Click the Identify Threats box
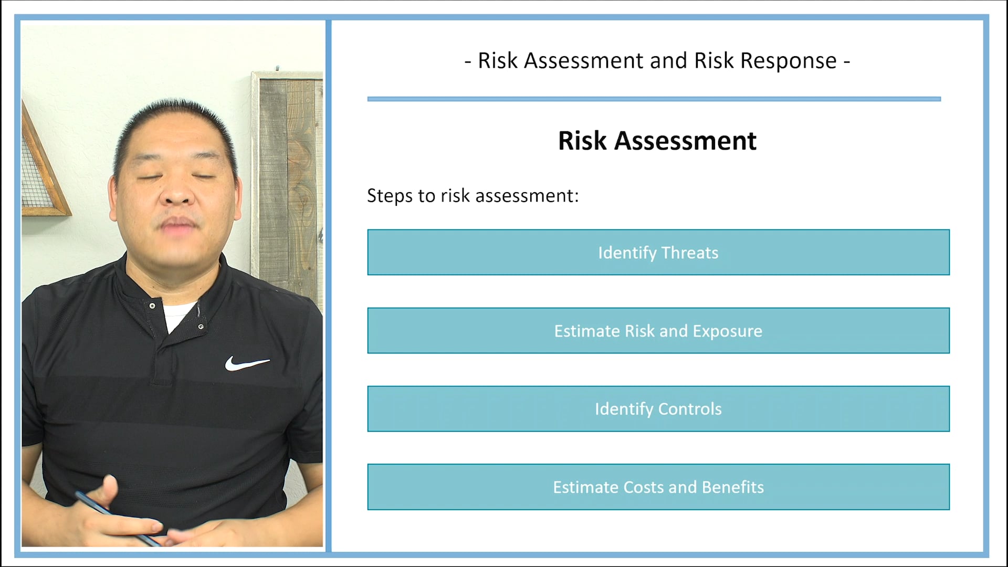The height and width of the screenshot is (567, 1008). click(x=658, y=253)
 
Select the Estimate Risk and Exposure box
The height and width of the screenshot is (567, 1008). click(x=658, y=331)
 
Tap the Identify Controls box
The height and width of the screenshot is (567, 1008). click(x=658, y=409)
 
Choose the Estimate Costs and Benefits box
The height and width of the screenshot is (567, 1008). click(x=658, y=487)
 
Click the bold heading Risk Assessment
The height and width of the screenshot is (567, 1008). click(x=657, y=141)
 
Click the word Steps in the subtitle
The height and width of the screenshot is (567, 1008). click(x=390, y=196)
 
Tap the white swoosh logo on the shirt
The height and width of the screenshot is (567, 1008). click(x=246, y=363)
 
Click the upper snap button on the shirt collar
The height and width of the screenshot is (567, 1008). click(x=152, y=306)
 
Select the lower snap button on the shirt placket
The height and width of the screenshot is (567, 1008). click(x=201, y=327)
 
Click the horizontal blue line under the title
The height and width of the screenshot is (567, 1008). click(x=654, y=99)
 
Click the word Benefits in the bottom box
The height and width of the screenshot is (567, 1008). click(x=732, y=487)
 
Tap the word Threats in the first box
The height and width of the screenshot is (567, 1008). click(x=689, y=253)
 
